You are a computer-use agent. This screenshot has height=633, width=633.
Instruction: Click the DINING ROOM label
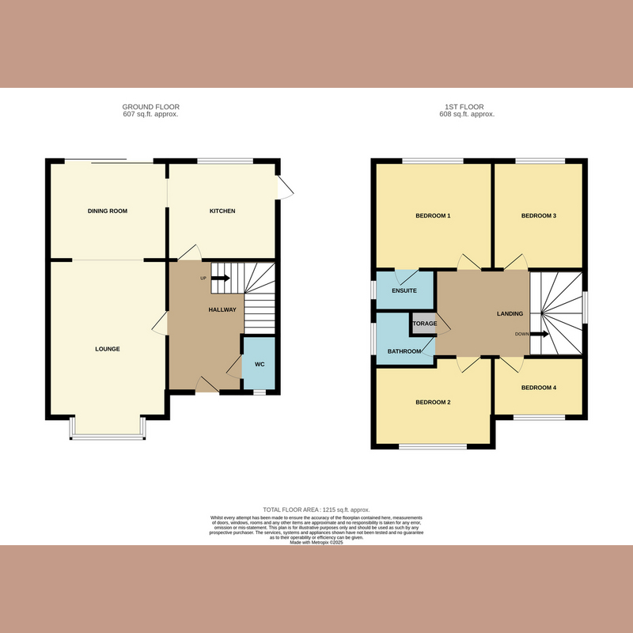pyautogui.click(x=108, y=211)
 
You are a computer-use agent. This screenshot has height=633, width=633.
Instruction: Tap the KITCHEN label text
pyautogui.click(x=222, y=211)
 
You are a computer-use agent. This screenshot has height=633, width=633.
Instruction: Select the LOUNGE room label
pyautogui.click(x=108, y=349)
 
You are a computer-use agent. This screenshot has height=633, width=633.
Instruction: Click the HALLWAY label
pyautogui.click(x=222, y=309)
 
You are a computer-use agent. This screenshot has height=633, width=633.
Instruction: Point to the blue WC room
pyautogui.click(x=259, y=364)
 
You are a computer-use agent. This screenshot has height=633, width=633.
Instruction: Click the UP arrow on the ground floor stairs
pyautogui.click(x=220, y=279)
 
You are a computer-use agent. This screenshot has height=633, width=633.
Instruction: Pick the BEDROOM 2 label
pyautogui.click(x=433, y=403)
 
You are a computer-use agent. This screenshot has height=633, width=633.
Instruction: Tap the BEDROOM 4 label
pyautogui.click(x=539, y=388)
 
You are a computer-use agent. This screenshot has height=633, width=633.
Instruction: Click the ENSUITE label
pyautogui.click(x=404, y=291)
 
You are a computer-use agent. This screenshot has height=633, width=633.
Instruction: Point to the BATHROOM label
pyautogui.click(x=404, y=351)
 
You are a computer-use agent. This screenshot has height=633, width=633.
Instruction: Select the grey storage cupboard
pyautogui.click(x=423, y=324)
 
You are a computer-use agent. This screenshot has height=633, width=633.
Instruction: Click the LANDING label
pyautogui.click(x=510, y=314)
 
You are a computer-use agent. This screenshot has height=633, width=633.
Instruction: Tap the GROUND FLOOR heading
pyautogui.click(x=150, y=107)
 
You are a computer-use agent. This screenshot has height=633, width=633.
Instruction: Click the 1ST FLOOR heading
pyautogui.click(x=467, y=107)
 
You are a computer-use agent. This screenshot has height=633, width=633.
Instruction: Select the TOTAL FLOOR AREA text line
pyautogui.click(x=316, y=510)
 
